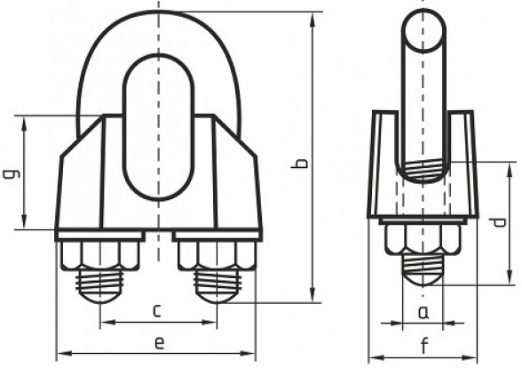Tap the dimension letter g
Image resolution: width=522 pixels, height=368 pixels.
pos(12,173)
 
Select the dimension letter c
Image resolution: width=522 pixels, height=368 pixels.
pos(157,311)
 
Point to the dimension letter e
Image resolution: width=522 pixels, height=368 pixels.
pos(160,343)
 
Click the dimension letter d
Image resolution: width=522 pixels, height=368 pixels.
pos(498,222)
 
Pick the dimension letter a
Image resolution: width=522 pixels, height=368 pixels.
pos(423,313)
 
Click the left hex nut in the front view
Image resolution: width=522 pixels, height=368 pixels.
pos(99,255)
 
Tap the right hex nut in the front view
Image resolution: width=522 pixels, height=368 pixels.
pos(217,255)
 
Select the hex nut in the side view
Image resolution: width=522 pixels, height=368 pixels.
pos(423,239)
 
